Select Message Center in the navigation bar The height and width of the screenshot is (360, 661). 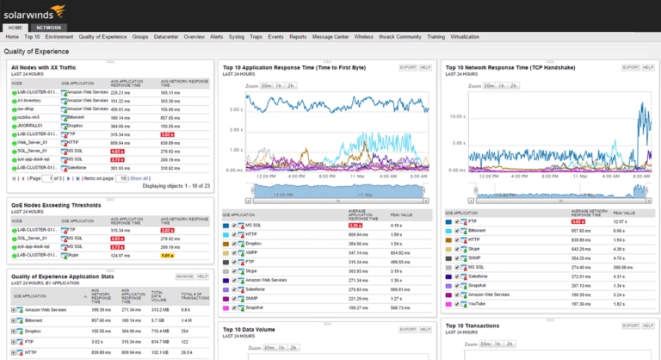(x=330, y=37)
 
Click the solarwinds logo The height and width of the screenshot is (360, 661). (x=33, y=11)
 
